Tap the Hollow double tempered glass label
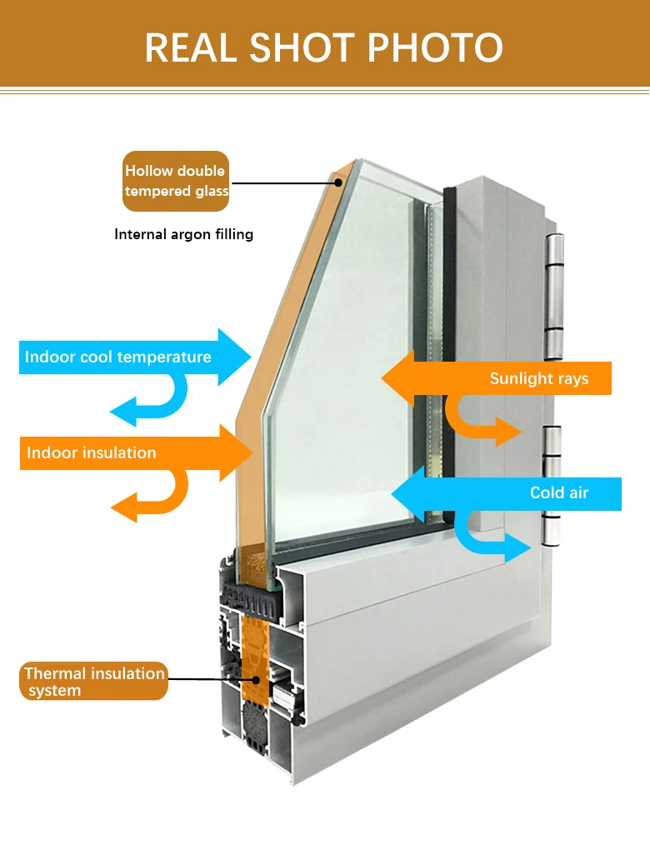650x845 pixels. tap(176, 181)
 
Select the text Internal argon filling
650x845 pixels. tap(183, 234)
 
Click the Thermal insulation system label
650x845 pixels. tap(94, 682)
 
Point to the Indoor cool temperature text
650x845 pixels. tap(117, 357)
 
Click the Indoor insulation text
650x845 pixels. tap(92, 453)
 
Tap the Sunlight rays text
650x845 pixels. tap(538, 378)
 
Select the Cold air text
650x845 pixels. tap(559, 493)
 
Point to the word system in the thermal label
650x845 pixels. tap(54, 691)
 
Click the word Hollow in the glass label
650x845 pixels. tap(149, 171)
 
